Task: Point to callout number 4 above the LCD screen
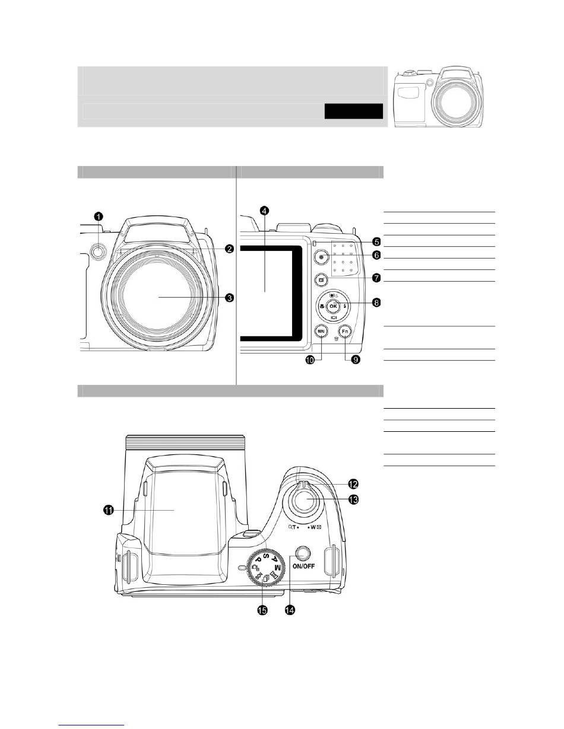tap(264, 211)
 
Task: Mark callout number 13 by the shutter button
tap(354, 500)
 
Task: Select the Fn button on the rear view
tap(344, 332)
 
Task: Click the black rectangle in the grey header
tap(353, 111)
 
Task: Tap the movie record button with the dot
tap(322, 257)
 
